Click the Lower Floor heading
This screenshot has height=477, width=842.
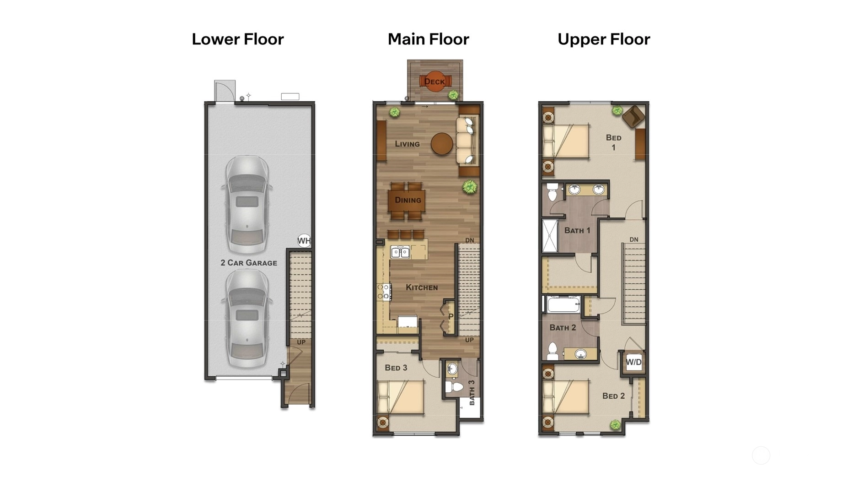238,39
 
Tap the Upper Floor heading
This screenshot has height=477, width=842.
604,39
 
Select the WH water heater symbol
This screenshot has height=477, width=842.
304,241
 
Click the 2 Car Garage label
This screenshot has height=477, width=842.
249,263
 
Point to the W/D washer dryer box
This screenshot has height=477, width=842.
634,362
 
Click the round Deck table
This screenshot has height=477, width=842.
434,81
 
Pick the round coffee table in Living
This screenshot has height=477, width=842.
442,144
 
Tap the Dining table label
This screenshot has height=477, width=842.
408,200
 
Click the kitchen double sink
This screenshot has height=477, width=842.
400,252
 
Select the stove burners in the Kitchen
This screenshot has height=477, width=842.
384,292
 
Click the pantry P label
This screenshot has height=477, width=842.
451,316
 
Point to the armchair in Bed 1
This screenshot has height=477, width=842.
633,116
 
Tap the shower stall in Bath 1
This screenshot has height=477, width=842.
550,236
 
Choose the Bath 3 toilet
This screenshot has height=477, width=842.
455,387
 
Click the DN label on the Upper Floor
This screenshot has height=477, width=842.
634,240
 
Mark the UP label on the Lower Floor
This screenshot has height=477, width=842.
301,342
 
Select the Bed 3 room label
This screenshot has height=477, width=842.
396,368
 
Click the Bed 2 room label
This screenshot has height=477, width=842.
613,396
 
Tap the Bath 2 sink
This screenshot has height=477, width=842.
581,354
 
